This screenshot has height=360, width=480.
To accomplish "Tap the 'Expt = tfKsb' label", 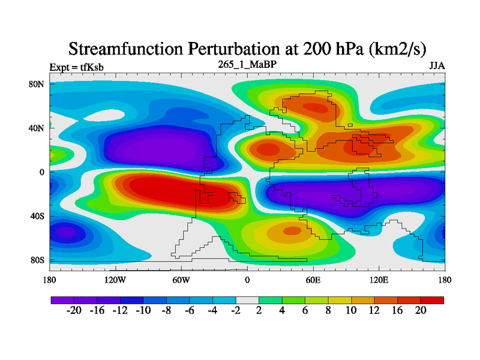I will click(76, 67).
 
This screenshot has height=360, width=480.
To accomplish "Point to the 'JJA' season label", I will click(436, 65).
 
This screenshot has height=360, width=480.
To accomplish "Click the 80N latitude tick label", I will click(37, 84).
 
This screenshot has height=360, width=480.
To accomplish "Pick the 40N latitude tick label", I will click(37, 128).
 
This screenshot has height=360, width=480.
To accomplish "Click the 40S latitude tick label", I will click(37, 216).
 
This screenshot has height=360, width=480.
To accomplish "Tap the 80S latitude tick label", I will click(37, 260).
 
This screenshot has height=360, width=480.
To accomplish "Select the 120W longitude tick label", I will click(115, 280).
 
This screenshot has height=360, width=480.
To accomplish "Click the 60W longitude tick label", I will click(181, 280).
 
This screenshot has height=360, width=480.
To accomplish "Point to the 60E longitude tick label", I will click(313, 280).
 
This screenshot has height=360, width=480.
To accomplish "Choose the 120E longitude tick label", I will click(379, 280).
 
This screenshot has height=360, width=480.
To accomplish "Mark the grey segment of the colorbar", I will click(247, 299).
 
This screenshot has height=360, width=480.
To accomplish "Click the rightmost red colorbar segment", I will click(432, 299).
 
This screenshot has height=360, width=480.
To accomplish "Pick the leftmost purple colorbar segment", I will click(62, 299).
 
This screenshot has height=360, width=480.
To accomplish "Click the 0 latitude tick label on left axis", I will click(42, 172).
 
